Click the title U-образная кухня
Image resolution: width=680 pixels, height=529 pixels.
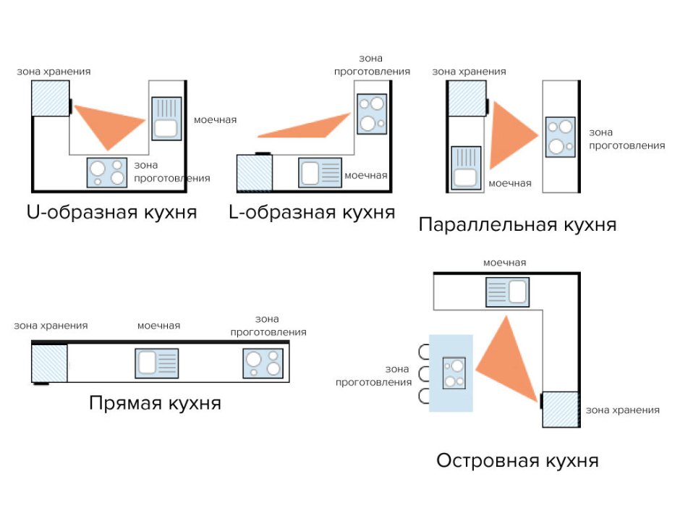111,213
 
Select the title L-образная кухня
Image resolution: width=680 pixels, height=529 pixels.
311,212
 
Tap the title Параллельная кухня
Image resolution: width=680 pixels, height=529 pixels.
517,224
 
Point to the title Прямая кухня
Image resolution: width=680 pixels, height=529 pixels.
155,402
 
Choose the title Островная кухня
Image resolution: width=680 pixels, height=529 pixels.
517,460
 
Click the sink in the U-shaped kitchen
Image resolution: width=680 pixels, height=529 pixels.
166,119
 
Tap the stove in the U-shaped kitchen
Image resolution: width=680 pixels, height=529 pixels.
107,173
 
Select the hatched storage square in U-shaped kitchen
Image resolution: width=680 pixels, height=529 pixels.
50,98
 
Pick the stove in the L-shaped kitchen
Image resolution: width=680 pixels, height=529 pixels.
371,114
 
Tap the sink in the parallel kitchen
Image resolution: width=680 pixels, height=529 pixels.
465,168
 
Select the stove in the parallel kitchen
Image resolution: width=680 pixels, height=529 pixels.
560,137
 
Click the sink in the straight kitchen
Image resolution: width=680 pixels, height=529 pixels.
156,363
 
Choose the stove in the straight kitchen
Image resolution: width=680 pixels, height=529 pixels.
263,363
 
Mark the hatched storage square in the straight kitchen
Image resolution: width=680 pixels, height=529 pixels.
49,363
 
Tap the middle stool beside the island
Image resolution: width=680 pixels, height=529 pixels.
423,374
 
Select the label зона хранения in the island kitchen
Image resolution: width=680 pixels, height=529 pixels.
622,410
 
